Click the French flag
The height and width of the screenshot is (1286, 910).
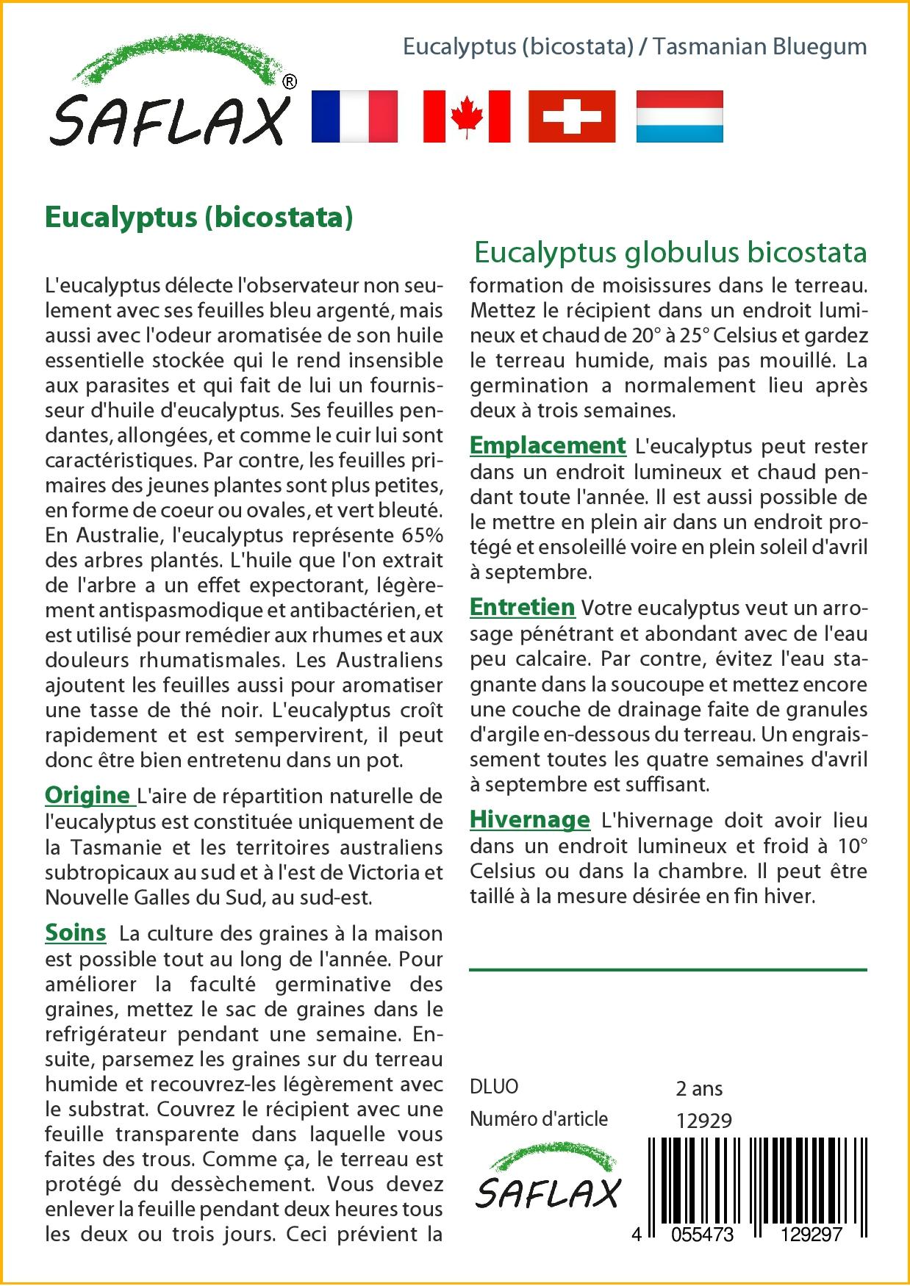(354, 116)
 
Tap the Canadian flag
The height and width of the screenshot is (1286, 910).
(467, 116)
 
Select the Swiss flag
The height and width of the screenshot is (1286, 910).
(572, 116)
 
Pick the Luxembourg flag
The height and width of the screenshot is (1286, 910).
(679, 116)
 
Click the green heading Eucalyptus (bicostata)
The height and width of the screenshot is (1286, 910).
(199, 218)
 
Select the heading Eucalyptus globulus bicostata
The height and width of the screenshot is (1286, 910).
(670, 252)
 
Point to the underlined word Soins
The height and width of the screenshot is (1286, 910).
(76, 933)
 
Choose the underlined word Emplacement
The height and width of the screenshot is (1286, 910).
(548, 445)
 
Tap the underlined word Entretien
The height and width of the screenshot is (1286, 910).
(522, 607)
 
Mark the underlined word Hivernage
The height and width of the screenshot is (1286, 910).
(529, 819)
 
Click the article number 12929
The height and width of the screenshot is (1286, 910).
(703, 1120)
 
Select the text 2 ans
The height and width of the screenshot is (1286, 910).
(698, 1088)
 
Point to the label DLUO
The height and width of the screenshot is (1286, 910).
(494, 1087)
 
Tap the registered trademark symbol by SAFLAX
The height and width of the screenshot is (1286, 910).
(290, 82)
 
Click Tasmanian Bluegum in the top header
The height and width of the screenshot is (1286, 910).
(759, 46)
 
